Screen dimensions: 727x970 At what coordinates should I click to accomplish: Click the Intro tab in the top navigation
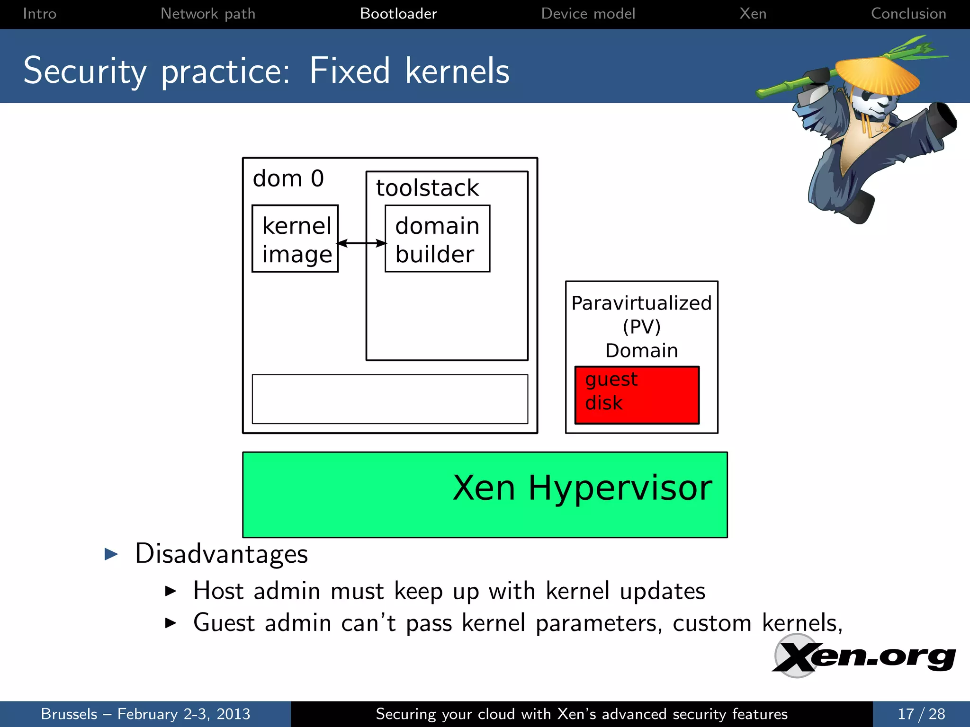coord(39,14)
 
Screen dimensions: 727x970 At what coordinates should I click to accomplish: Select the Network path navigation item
coord(208,14)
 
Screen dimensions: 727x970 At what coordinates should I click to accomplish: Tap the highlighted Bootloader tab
coord(398,14)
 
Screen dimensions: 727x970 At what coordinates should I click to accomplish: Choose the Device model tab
coord(588,14)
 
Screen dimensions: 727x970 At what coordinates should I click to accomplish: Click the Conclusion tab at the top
coord(908,14)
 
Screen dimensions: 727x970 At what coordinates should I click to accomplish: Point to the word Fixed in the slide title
coord(350,71)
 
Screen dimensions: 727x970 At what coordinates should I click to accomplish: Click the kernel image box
coord(295,239)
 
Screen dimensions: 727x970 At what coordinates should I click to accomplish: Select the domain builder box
coord(437,239)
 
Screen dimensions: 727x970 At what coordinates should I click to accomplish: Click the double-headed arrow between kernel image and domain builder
coord(362,243)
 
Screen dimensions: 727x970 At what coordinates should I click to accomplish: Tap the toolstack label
coord(427,188)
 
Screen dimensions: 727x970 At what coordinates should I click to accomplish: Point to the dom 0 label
coord(288,179)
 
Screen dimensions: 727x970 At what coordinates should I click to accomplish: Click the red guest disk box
coord(637,395)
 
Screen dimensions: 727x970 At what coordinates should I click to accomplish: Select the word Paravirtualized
coord(641,303)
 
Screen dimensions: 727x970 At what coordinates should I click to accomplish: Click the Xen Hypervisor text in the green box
coord(582,488)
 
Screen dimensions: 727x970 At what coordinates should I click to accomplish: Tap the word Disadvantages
coord(221,554)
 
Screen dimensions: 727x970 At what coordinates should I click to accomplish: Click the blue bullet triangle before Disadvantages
coord(111,554)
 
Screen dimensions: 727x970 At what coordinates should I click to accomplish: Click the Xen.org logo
coord(863,656)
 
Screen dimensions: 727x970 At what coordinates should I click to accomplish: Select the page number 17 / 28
coord(921,714)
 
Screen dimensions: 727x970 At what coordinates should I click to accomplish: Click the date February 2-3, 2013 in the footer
coord(184,714)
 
